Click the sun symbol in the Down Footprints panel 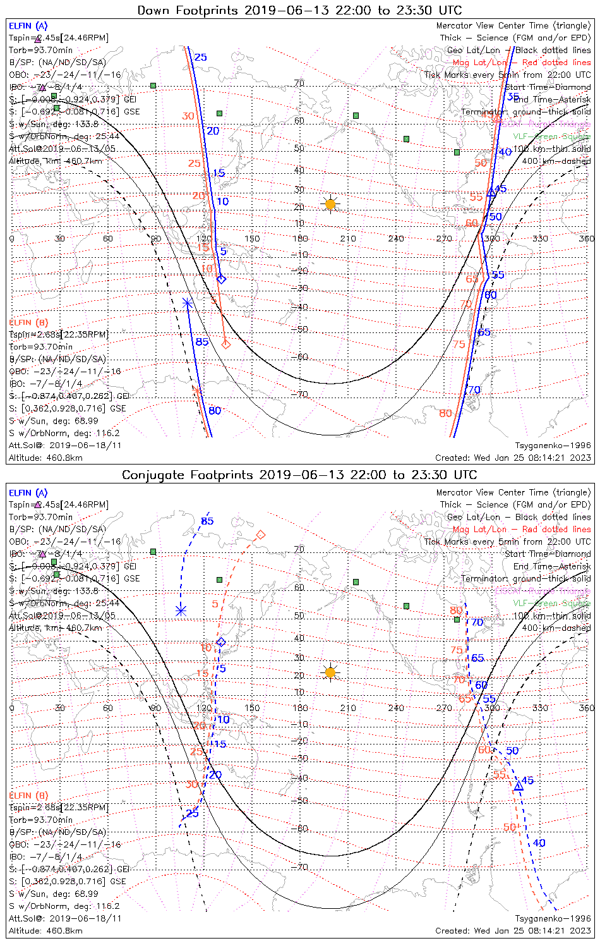pyautogui.click(x=330, y=204)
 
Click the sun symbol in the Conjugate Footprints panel pyautogui.click(x=330, y=672)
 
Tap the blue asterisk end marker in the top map pyautogui.click(x=187, y=303)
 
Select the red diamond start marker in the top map pyautogui.click(x=225, y=344)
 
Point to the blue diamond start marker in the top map pyautogui.click(x=220, y=279)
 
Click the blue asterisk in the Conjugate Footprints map pyautogui.click(x=181, y=611)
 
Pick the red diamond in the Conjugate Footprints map pyautogui.click(x=260, y=535)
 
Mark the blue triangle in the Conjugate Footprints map pyautogui.click(x=518, y=786)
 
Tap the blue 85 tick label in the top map pyautogui.click(x=201, y=342)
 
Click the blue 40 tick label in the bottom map pyautogui.click(x=539, y=842)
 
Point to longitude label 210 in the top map pyautogui.click(x=348, y=238)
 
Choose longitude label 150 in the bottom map pyautogui.click(x=252, y=707)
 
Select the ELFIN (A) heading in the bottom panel pyautogui.click(x=28, y=492)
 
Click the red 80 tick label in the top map pyautogui.click(x=445, y=413)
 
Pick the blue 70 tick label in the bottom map pyautogui.click(x=477, y=623)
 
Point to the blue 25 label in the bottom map pyautogui.click(x=192, y=813)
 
